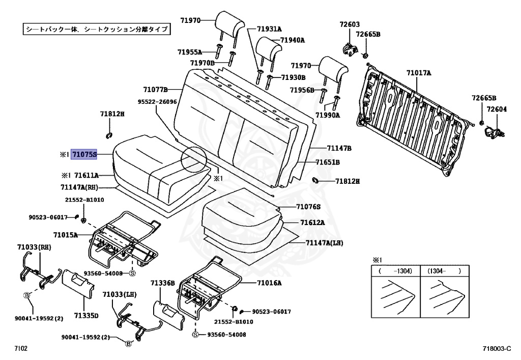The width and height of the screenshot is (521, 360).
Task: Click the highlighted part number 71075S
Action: coord(84,153)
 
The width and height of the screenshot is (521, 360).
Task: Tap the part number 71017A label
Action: coord(419,73)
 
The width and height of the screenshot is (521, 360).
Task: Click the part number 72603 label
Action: coord(350,24)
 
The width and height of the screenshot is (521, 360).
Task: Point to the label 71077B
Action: coord(155,89)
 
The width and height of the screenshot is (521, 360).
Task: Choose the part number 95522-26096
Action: coord(157,102)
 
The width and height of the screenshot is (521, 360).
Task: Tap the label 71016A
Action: coord(269,283)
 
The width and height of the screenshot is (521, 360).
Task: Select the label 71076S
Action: coord(308,207)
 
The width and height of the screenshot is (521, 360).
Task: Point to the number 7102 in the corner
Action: coord(21,348)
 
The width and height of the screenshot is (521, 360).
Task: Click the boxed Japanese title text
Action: coord(97,30)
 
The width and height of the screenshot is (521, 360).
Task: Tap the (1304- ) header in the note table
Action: coord(444,271)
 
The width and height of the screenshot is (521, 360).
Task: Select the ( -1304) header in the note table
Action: coord(395,271)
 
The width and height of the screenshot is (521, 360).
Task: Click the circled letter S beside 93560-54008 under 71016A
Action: coord(196,335)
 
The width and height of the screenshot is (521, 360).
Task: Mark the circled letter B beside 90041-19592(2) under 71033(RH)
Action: coord(26,295)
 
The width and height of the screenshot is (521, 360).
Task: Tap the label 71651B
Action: coord(328,162)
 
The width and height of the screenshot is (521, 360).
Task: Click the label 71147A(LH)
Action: coord(324,243)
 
